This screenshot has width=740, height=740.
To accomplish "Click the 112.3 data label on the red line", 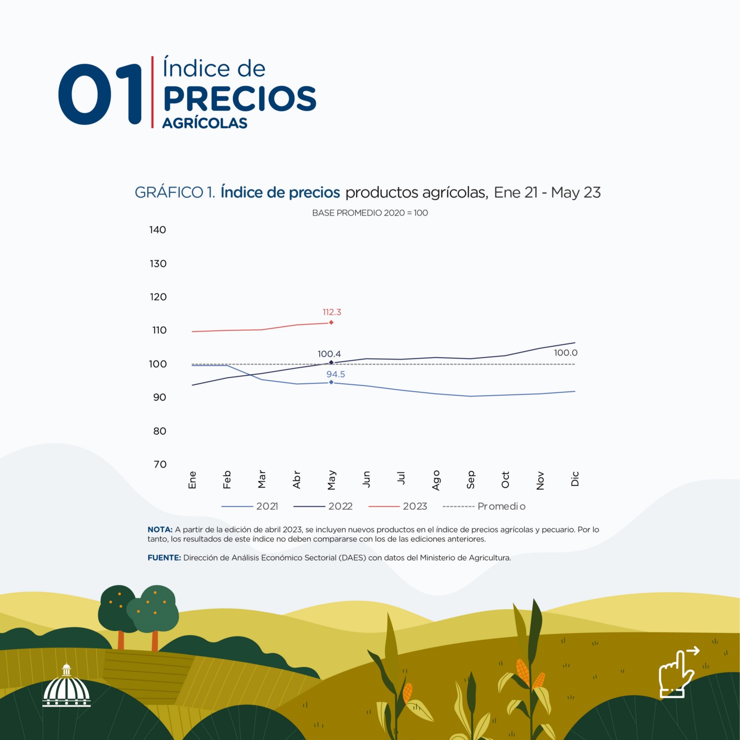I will point(332,312).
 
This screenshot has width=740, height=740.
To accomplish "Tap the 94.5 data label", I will point(335,374).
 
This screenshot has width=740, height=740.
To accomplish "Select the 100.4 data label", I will point(329,354).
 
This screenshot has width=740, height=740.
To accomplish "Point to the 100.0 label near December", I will point(565,353).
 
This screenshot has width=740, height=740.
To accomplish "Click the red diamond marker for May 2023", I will point(331,323).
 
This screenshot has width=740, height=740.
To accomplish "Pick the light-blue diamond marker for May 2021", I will point(331,382).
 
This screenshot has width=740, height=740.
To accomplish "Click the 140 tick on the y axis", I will point(158,230).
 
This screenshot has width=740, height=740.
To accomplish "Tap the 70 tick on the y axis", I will point(160,464).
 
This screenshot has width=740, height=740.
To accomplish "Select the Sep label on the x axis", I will point(471,480).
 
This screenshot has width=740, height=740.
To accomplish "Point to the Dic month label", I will point(575,479).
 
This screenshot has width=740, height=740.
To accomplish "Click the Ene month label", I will point(192,480).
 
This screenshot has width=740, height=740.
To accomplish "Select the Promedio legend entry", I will point(501,506).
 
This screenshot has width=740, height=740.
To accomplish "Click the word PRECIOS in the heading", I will point(240,99).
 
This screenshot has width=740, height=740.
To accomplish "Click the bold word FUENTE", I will point(164,558).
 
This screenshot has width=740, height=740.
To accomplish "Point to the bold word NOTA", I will point(160,529).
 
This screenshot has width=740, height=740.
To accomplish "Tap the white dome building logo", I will point(67,687).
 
